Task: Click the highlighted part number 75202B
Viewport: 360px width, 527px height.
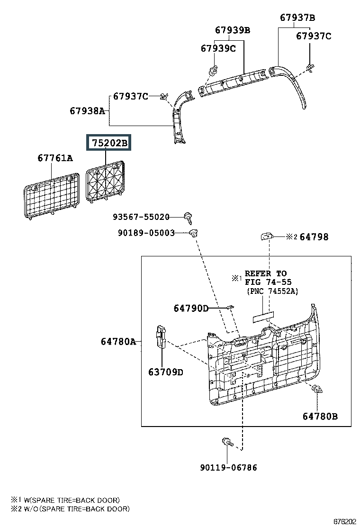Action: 109,143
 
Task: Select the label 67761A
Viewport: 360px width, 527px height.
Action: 55,158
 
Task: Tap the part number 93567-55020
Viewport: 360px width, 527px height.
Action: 141,217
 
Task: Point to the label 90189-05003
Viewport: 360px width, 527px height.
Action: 146,233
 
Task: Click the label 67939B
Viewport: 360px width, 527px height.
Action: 233,30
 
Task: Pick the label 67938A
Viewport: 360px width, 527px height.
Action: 87,110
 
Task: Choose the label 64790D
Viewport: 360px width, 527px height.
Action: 191,308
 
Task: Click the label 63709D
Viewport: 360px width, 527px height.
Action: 166,372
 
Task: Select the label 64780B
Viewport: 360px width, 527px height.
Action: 320,417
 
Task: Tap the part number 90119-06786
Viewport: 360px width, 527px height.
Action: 229,467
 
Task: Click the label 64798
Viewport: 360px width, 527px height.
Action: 314,237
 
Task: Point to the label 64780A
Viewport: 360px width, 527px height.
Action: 118,342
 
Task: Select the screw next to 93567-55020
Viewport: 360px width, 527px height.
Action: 189,218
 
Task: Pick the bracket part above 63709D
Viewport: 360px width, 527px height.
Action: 161,337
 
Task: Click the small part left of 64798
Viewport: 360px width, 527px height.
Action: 267,236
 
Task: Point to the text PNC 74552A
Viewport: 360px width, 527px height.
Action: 273,291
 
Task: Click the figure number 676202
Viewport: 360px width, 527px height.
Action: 344,522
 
